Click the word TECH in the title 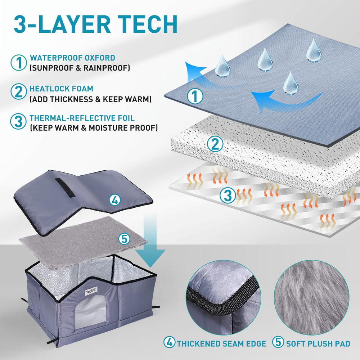[149, 24]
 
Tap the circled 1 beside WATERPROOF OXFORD [19, 62]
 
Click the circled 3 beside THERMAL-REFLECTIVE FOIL [18, 121]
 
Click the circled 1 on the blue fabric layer [195, 96]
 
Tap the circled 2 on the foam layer [215, 144]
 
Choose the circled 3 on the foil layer [228, 195]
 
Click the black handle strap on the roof [65, 187]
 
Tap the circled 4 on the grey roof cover [114, 200]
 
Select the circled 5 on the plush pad [124, 239]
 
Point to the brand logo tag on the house [91, 291]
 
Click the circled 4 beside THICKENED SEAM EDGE [170, 342]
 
